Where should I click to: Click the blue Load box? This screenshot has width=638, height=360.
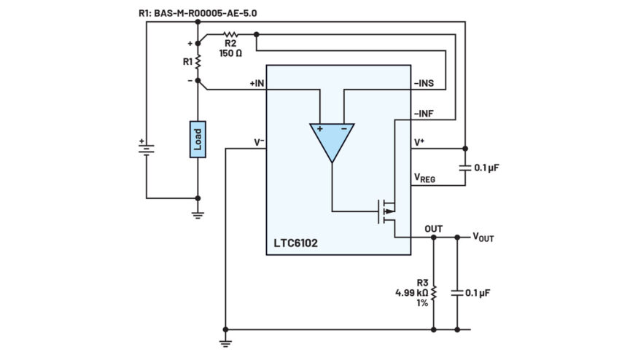coord(198,139)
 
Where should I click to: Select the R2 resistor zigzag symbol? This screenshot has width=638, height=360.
coord(230,34)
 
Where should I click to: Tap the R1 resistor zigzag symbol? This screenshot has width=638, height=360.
coord(198,62)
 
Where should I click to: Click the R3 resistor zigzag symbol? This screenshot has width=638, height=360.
coord(434,293)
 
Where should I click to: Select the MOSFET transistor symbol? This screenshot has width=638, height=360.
coord(386,211)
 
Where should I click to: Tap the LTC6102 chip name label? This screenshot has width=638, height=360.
coord(295,243)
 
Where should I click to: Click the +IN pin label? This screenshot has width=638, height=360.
coord(257,83)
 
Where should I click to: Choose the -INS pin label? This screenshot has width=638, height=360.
coord(424,83)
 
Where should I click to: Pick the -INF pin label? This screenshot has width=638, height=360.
coord(424,114)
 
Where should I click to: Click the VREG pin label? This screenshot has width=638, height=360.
coord(424,178)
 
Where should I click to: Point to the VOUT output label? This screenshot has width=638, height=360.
coord(483,237)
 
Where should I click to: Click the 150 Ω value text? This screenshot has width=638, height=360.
coord(230,53)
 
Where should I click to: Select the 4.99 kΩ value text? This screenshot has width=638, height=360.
coord(412,292)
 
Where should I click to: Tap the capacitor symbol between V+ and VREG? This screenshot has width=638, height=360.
coord(465,168)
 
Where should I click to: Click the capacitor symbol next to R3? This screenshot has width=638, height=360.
coord(457,293)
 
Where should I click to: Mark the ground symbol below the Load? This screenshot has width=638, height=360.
coord(198,215)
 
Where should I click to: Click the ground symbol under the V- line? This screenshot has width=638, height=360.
coord(225,343)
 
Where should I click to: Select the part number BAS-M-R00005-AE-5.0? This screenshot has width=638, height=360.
coord(206,13)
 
